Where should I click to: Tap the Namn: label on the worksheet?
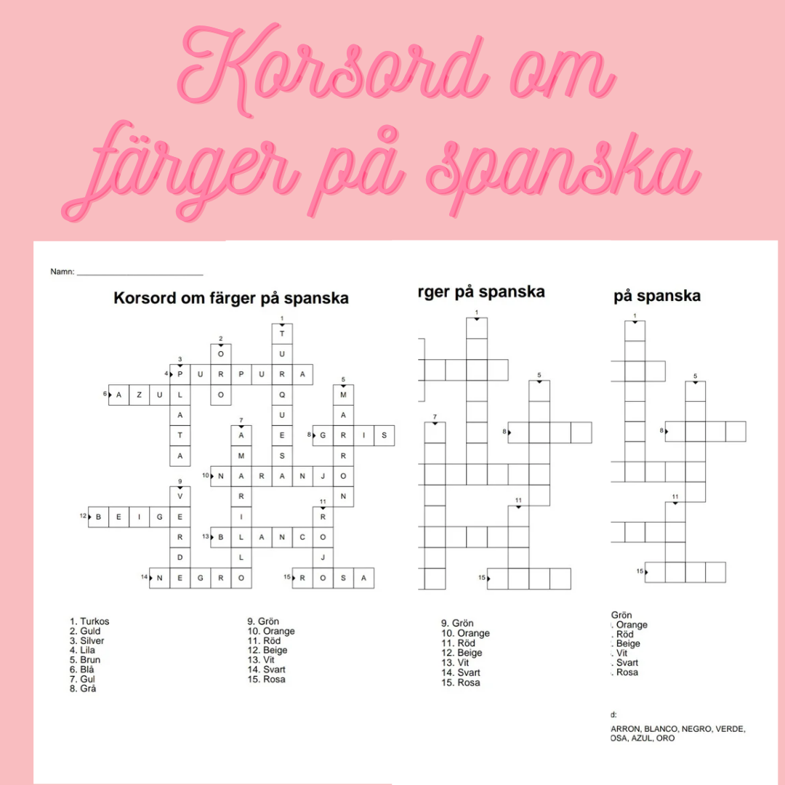click(62, 272)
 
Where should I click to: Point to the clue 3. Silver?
click(86, 641)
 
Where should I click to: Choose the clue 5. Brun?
click(85, 660)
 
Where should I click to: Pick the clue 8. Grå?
click(83, 688)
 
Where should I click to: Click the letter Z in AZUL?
click(139, 395)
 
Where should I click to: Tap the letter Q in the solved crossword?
click(282, 395)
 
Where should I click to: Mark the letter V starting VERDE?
click(180, 496)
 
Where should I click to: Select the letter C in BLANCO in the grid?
click(302, 538)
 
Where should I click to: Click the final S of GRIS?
click(384, 435)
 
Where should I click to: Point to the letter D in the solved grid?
click(180, 557)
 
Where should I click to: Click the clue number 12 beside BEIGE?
click(83, 517)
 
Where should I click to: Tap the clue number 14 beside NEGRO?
click(144, 578)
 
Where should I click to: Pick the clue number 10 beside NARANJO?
click(205, 476)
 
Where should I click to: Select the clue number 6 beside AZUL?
click(105, 395)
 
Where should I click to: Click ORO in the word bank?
click(665, 738)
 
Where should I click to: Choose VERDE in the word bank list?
click(731, 728)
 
